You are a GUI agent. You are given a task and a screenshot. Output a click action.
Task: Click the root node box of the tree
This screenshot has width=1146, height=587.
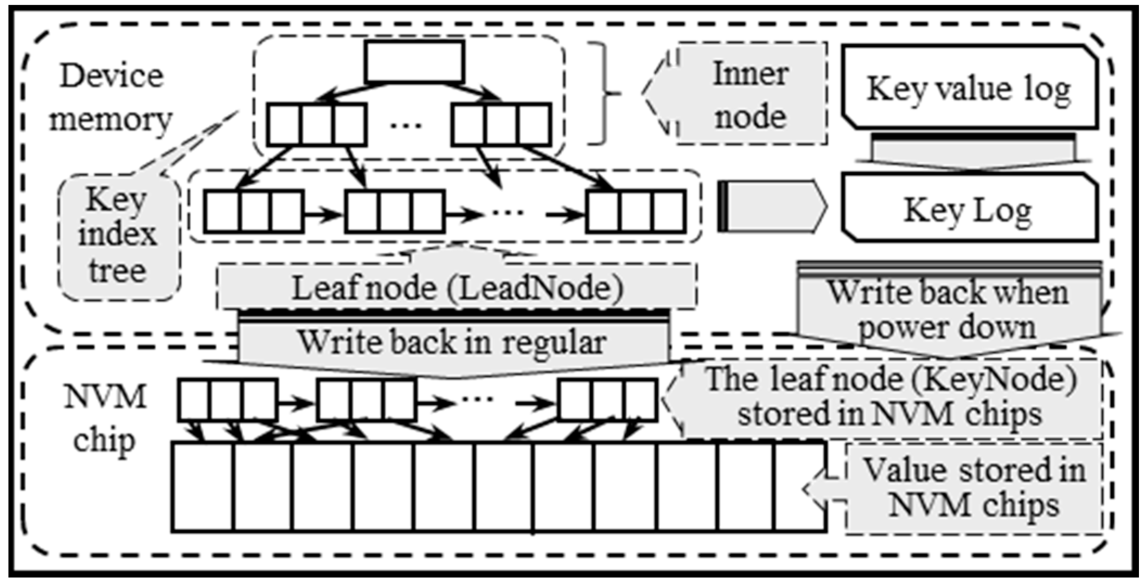(415, 62)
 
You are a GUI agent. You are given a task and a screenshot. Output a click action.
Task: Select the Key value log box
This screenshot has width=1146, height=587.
(969, 88)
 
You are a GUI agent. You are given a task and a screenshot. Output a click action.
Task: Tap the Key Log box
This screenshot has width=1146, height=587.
(969, 209)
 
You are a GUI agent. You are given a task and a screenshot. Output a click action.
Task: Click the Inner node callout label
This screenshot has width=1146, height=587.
(751, 95)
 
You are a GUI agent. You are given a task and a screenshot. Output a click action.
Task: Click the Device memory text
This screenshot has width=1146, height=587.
(111, 98)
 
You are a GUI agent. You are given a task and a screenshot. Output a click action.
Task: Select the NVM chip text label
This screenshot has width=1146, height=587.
(104, 418)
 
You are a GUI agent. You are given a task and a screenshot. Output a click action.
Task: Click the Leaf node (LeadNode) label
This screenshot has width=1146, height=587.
(457, 288)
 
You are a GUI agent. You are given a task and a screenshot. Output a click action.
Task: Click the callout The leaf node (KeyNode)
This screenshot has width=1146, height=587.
(889, 398)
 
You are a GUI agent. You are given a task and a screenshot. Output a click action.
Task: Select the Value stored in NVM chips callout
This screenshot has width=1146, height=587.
(973, 488)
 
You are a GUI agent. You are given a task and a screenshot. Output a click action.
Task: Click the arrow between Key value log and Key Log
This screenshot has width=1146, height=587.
(973, 152)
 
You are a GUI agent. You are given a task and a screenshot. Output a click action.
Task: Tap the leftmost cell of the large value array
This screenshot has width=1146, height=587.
(203, 487)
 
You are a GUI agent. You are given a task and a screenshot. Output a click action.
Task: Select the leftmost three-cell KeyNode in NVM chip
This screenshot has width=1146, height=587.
(227, 400)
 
